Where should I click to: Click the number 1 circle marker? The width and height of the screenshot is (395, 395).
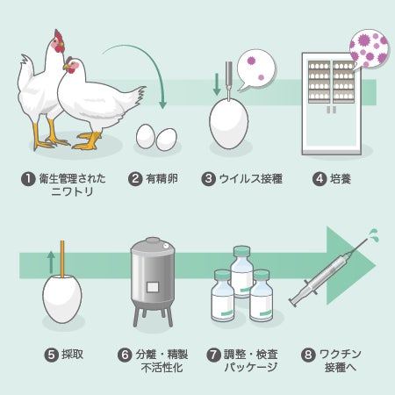pyautogui.click(x=28, y=179)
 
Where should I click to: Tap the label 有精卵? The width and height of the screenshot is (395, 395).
pyautogui.click(x=162, y=178)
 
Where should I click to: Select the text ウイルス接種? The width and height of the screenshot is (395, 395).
pyautogui.click(x=251, y=178)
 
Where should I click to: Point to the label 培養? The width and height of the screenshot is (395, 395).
pyautogui.click(x=341, y=178)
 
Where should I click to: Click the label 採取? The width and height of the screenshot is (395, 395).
pyautogui.click(x=72, y=355)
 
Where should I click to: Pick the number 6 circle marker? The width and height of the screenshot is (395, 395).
pyautogui.click(x=125, y=355)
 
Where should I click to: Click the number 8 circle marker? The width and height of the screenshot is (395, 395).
pyautogui.click(x=308, y=355)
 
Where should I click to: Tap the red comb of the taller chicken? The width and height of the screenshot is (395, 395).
pyautogui.click(x=59, y=36)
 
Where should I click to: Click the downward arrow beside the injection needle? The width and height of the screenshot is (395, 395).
pyautogui.click(x=217, y=84)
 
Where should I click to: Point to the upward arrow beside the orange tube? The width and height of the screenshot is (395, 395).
pyautogui.click(x=51, y=262)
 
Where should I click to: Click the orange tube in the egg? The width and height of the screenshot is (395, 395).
pyautogui.click(x=62, y=258)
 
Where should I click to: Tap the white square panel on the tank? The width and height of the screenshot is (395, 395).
pyautogui.click(x=153, y=287)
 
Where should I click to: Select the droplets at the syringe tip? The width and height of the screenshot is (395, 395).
pyautogui.click(x=373, y=234)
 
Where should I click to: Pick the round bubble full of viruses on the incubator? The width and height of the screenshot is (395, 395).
pyautogui.click(x=370, y=48)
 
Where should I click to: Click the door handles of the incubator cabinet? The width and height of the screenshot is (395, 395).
pyautogui.click(x=331, y=110)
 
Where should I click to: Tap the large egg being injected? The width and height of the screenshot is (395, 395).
pyautogui.click(x=229, y=123)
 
